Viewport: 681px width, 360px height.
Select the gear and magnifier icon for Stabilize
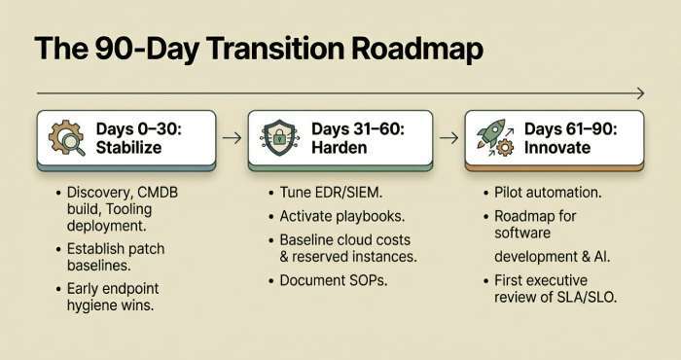pyautogui.click(x=65, y=139)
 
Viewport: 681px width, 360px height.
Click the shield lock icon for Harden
pyautogui.click(x=280, y=139)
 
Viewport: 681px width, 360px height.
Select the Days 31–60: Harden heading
pyautogui.click(x=359, y=138)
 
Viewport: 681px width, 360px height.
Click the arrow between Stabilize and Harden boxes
pyautogui.click(x=232, y=138)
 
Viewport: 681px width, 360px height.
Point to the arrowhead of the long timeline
pyautogui.click(x=638, y=93)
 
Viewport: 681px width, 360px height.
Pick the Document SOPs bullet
pyautogui.click(x=334, y=281)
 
